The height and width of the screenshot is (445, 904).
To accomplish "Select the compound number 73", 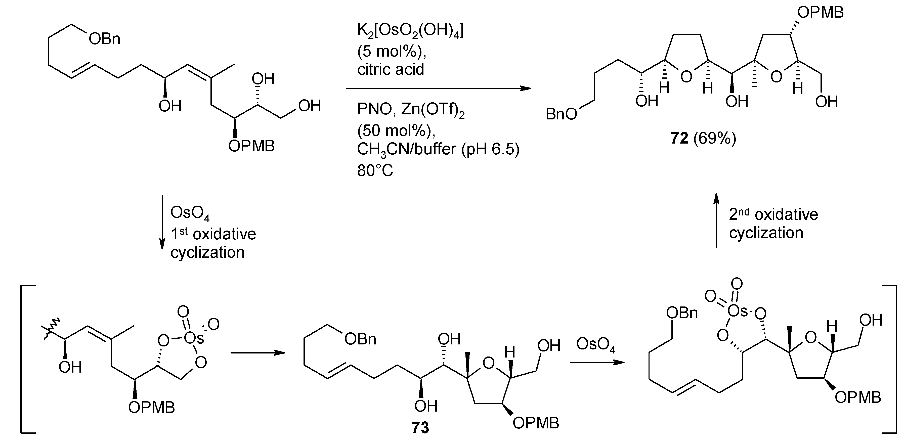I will pyautogui.click(x=420, y=428).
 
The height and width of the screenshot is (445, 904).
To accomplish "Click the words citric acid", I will pyautogui.click(x=390, y=69).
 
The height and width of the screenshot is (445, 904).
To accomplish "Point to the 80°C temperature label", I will pyautogui.click(x=375, y=170).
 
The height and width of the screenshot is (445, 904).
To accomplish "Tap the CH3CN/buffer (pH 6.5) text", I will pyautogui.click(x=438, y=150).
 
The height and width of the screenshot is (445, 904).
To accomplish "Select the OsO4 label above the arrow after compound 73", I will pyautogui.click(x=596, y=345).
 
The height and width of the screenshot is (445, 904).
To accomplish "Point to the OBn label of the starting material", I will pyautogui.click(x=104, y=39).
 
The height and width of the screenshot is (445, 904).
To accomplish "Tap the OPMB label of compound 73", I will pyautogui.click(x=536, y=423).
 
